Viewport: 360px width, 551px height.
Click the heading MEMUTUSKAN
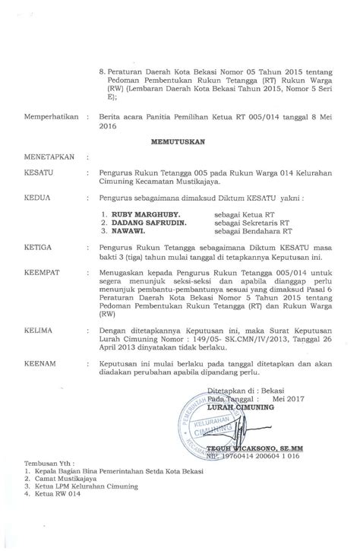click(179, 141)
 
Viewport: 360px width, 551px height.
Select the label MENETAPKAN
click(47, 159)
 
